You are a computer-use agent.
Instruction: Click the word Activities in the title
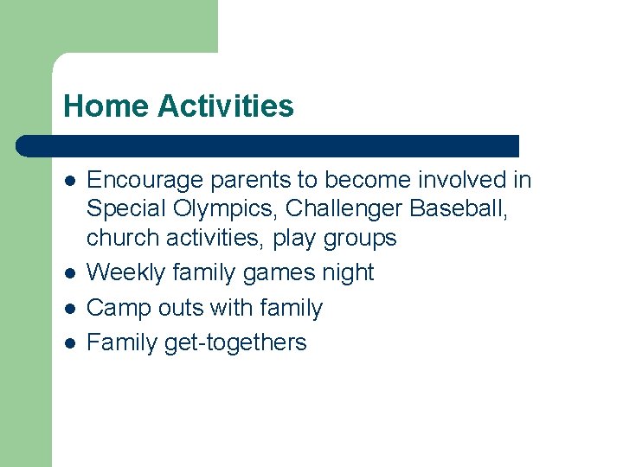coord(226,106)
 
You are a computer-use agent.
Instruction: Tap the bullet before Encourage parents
coord(69,181)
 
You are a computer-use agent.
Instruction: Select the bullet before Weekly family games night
coord(69,273)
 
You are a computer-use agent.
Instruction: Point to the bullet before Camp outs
coord(69,309)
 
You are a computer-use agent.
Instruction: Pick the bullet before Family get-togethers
coord(69,343)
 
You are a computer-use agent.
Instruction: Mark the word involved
coord(462,180)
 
